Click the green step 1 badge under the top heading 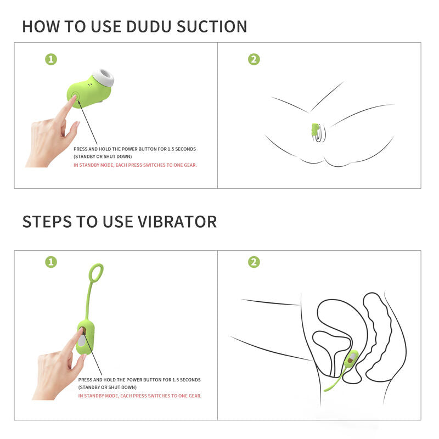[x=51, y=59]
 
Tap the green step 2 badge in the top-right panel [x=254, y=59]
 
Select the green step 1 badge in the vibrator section [x=51, y=262]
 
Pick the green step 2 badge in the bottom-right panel [x=254, y=262]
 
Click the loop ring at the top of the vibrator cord [x=96, y=272]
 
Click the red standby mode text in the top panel [x=135, y=165]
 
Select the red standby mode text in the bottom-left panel [x=140, y=396]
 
